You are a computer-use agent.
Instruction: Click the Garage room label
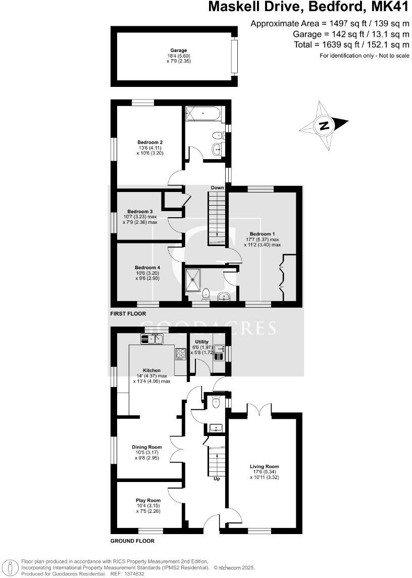coord(178,51)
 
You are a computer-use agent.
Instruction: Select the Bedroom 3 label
coord(140,211)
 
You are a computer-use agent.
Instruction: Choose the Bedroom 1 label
coord(263,234)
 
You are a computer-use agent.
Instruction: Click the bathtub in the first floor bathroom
coord(203,114)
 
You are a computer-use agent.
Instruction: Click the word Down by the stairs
coord(217,188)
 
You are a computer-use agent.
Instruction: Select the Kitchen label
coord(151,370)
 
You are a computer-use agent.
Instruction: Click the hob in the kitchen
coord(181,354)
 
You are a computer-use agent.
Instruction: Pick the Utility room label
coord(201,342)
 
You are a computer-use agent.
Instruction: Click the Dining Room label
coord(147,447)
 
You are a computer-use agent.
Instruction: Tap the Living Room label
coord(264,467)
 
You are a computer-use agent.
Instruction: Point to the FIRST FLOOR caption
coord(128,314)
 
